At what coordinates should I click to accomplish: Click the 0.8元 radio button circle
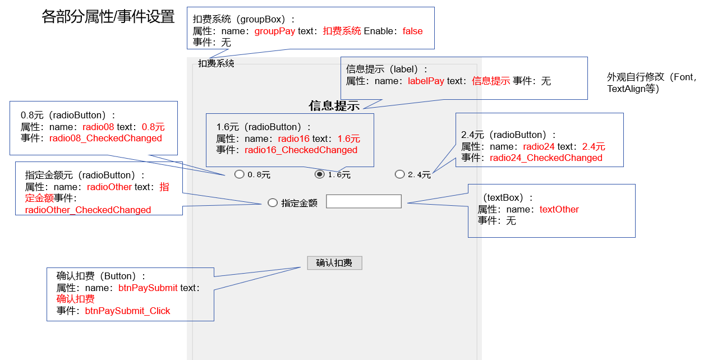tap(240, 174)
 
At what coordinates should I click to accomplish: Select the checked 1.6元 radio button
tap(320, 174)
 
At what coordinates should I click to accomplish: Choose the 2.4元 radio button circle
tap(400, 174)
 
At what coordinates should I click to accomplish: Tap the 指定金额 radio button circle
tap(273, 203)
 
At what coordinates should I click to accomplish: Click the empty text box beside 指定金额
tap(364, 201)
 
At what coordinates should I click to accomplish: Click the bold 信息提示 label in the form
tap(334, 106)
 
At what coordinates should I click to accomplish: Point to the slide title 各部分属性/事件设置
tap(108, 17)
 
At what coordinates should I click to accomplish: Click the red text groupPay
tap(275, 31)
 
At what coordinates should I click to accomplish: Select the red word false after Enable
tap(412, 31)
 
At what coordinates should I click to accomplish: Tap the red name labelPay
tap(426, 81)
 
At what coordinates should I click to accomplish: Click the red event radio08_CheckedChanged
tap(105, 139)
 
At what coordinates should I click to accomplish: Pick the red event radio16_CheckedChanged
tap(301, 150)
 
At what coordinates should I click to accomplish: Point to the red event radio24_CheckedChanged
tap(546, 158)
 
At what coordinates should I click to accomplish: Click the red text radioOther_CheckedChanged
tap(88, 210)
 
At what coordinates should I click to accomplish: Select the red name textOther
tap(559, 210)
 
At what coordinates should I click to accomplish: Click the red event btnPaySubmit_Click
tap(127, 311)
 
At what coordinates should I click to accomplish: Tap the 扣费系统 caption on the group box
tap(216, 64)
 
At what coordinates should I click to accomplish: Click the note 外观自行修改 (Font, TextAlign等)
tap(651, 83)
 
